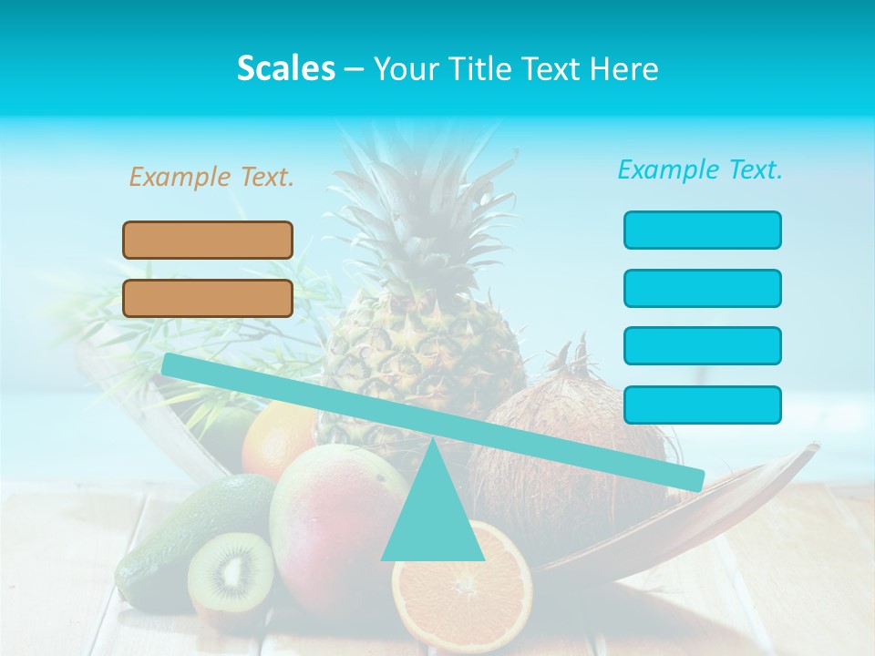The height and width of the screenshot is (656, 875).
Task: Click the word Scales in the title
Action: [285, 68]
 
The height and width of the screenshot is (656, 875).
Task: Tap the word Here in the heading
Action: [624, 68]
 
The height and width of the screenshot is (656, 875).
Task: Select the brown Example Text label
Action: [211, 177]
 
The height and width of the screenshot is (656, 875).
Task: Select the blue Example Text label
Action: [700, 169]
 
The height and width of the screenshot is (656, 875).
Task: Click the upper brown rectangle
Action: [208, 240]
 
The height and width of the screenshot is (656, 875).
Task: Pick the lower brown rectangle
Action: [208, 298]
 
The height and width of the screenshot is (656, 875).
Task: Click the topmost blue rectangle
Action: [702, 230]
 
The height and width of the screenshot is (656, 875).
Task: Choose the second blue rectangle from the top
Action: [702, 288]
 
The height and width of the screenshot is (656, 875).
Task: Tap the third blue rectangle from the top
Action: [702, 345]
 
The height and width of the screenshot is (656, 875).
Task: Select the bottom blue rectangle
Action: [702, 405]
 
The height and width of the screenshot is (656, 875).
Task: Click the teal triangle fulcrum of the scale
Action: [433, 515]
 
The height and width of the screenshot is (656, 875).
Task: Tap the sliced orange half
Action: [462, 592]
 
